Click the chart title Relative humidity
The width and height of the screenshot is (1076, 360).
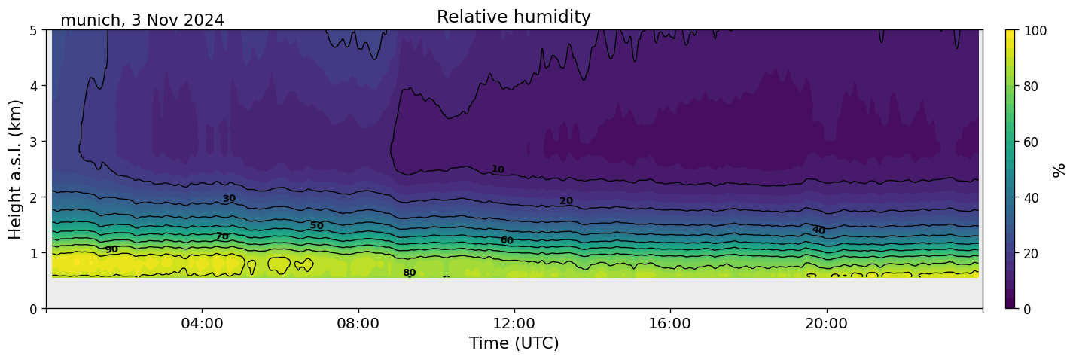click(514, 17)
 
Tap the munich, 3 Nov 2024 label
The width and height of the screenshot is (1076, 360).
click(142, 20)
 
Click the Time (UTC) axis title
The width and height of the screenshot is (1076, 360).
click(514, 344)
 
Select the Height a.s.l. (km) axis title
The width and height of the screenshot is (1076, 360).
click(16, 169)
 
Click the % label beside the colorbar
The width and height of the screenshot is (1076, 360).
click(1059, 169)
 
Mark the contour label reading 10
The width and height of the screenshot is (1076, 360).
click(498, 169)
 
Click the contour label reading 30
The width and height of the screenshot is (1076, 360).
click(229, 199)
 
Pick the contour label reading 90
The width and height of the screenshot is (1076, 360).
click(111, 249)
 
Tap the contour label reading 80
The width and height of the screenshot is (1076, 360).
click(409, 273)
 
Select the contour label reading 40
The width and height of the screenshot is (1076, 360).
click(818, 230)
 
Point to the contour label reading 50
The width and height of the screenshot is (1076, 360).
click(316, 225)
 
